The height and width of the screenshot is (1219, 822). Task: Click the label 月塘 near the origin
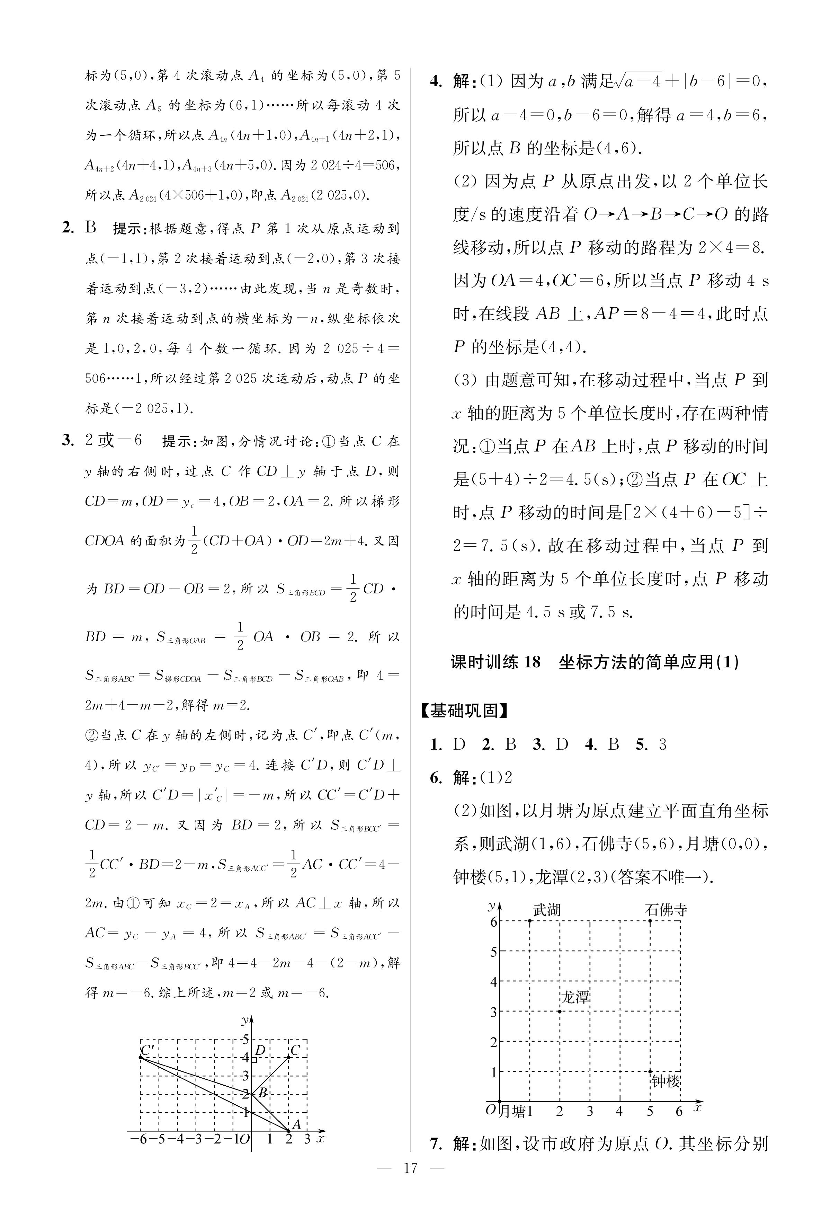tap(512, 1111)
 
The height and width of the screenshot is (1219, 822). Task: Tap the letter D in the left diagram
tap(259, 1049)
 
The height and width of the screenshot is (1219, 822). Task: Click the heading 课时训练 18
tap(495, 662)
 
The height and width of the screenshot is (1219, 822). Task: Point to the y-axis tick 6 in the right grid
tap(493, 921)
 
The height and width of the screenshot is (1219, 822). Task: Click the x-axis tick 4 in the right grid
tap(619, 1111)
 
